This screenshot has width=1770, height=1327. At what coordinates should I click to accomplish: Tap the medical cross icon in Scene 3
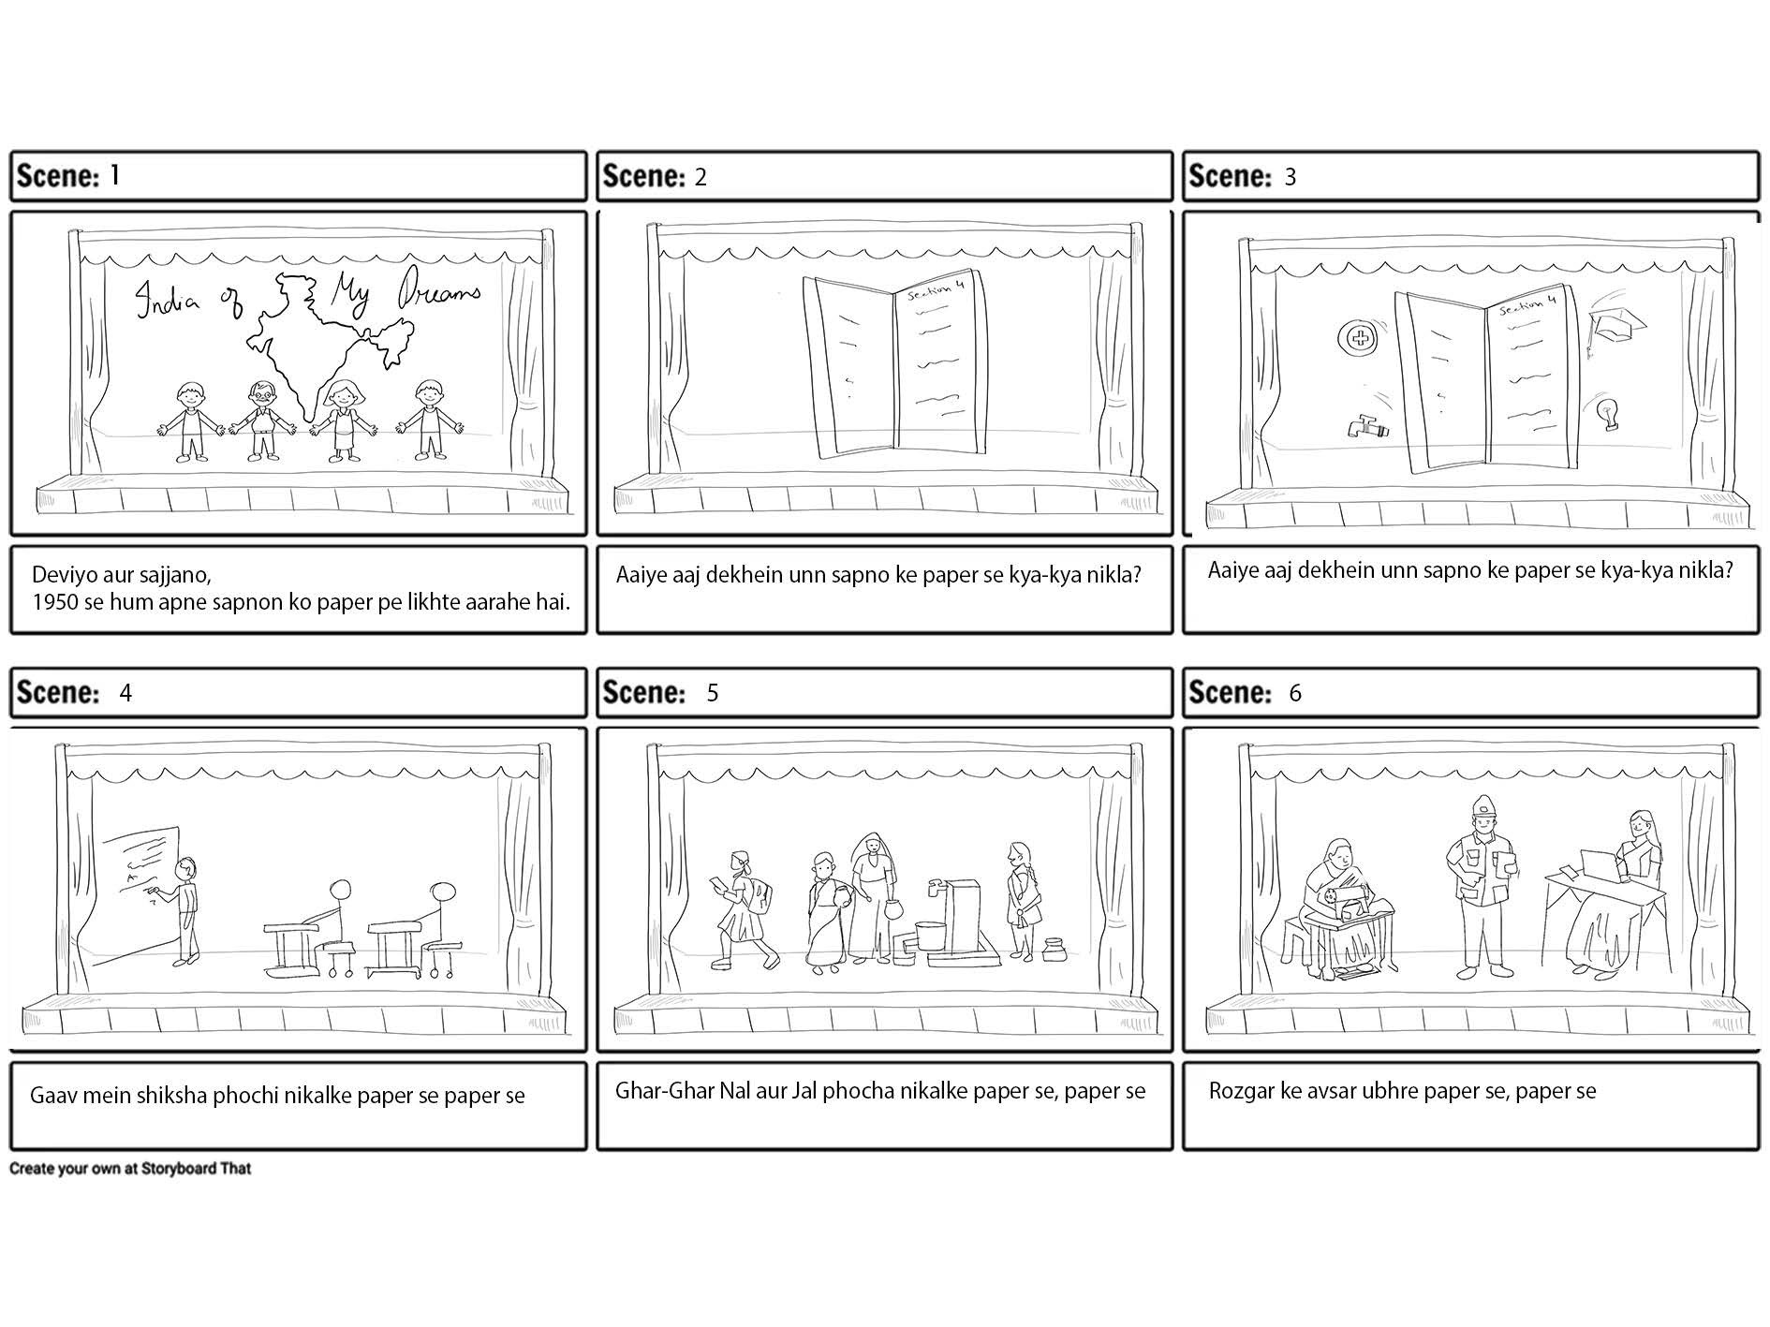pyautogui.click(x=1353, y=337)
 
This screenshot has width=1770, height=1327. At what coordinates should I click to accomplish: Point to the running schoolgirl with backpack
pyautogui.click(x=745, y=908)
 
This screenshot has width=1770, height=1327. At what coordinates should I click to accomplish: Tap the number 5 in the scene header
pyautogui.click(x=713, y=693)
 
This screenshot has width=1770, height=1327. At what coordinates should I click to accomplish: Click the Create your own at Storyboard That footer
pyautogui.click(x=130, y=1169)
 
